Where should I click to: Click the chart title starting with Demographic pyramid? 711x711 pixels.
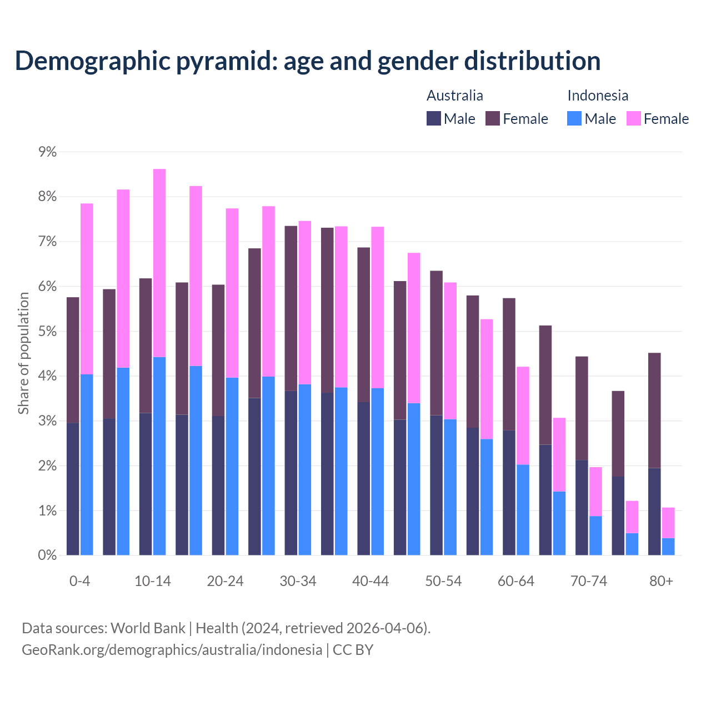pyautogui.click(x=307, y=61)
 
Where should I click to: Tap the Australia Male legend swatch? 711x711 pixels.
pyautogui.click(x=434, y=118)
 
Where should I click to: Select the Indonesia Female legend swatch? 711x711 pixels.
pyautogui.click(x=633, y=118)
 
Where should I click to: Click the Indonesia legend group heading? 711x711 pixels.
pyautogui.click(x=598, y=96)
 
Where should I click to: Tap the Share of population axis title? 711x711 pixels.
pyautogui.click(x=23, y=353)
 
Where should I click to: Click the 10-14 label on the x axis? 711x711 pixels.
pyautogui.click(x=153, y=581)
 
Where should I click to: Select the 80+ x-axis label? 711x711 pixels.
pyautogui.click(x=661, y=581)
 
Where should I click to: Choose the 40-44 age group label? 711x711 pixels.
pyautogui.click(x=370, y=581)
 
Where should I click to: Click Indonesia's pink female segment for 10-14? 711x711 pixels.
pyautogui.click(x=159, y=263)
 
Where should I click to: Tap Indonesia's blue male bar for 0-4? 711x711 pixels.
pyautogui.click(x=87, y=464)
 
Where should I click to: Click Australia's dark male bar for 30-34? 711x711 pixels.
pyautogui.click(x=291, y=473)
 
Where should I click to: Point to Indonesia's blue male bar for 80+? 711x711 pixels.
pyautogui.click(x=668, y=547)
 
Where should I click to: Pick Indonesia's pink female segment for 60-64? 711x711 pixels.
pyautogui.click(x=523, y=415)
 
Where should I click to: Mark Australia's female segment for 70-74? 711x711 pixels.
pyautogui.click(x=582, y=408)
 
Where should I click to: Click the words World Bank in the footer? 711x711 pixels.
pyautogui.click(x=148, y=628)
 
